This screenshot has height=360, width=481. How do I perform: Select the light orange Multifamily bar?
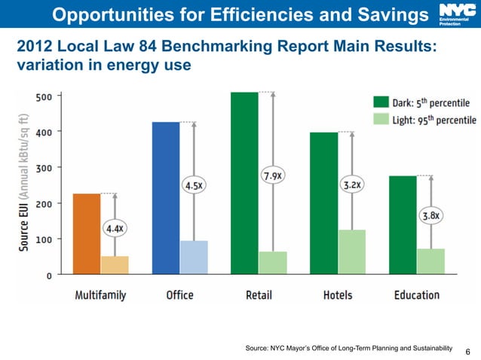(x=115, y=265)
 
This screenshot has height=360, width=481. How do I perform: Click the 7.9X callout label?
(x=272, y=175)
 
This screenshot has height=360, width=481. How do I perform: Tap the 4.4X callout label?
(x=115, y=227)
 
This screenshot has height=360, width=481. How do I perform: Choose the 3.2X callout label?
(x=352, y=183)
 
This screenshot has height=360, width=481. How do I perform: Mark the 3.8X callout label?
(x=430, y=215)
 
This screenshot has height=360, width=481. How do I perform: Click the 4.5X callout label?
(x=194, y=184)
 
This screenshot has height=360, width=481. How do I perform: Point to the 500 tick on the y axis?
(x=44, y=96)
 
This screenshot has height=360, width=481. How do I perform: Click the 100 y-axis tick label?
(x=44, y=239)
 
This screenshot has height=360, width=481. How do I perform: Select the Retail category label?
(x=259, y=294)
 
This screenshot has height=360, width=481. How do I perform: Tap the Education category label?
(x=416, y=294)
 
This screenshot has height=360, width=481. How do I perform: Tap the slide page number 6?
(x=467, y=351)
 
